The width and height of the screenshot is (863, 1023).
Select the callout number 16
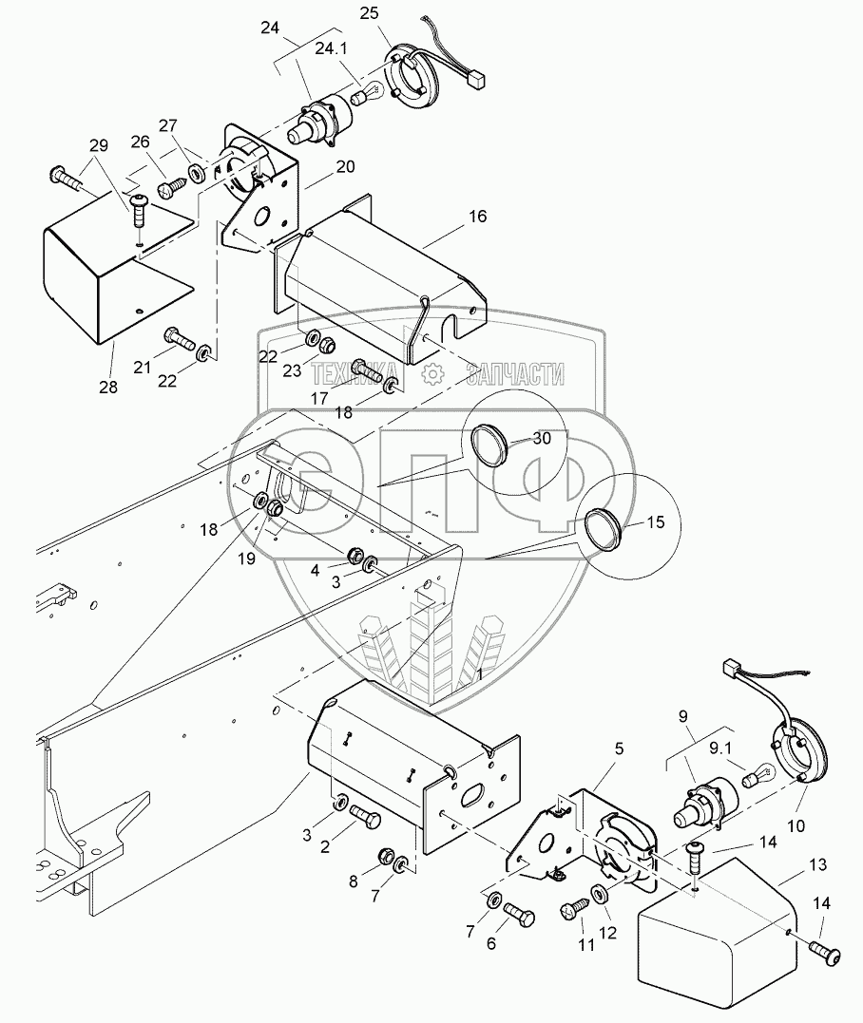[476, 217]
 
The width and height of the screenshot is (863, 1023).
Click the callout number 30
[541, 438]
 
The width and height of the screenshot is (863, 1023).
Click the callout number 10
[796, 826]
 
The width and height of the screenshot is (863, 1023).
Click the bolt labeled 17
[366, 369]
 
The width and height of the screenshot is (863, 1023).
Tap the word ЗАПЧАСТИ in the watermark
[516, 375]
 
